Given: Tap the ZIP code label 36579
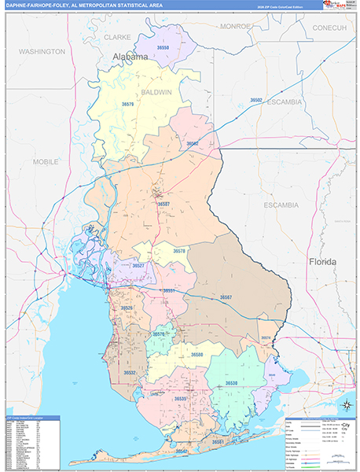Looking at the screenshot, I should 127,104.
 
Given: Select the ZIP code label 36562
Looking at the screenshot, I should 193,144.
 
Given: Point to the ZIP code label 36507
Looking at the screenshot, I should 163,204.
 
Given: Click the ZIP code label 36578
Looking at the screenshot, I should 180,251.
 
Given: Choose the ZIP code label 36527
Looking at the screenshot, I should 138,266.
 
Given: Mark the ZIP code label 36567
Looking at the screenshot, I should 226,297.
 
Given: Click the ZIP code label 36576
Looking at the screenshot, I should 159,334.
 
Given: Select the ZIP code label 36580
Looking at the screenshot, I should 197,355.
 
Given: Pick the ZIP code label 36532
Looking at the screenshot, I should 130,372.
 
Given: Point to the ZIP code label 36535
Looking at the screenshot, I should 181,399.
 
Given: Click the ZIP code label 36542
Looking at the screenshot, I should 182,452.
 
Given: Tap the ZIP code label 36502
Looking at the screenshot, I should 256,100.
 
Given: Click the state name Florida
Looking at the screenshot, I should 322,261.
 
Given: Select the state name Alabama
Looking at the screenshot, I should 130,57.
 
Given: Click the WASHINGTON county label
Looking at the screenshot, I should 42,51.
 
